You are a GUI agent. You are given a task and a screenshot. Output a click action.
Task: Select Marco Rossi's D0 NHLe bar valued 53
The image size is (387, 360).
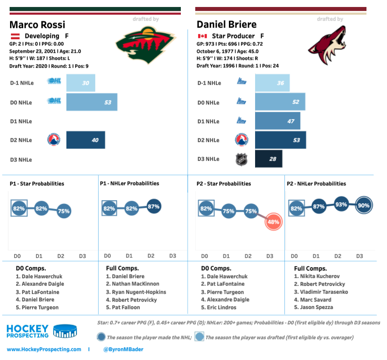click(x=92, y=102)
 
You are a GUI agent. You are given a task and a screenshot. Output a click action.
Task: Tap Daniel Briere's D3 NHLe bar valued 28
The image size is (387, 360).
click(x=269, y=159)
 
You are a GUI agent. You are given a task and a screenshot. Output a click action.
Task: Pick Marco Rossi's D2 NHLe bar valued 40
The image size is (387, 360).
click(x=86, y=140)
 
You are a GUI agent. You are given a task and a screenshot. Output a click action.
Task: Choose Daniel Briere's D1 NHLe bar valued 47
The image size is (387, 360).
click(x=278, y=121)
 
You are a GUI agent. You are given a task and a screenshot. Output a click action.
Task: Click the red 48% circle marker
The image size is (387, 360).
click(x=273, y=222)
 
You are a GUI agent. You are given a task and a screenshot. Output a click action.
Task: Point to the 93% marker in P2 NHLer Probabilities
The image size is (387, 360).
click(x=341, y=205)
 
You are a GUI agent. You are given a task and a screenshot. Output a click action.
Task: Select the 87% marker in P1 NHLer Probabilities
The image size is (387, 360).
click(x=153, y=206)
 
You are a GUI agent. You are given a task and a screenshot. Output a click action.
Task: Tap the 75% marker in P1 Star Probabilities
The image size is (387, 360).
click(x=64, y=211)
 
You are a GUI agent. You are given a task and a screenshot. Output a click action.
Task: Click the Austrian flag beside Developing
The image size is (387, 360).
click(x=14, y=36)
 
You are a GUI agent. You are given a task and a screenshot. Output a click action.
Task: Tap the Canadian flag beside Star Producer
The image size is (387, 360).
click(x=202, y=36)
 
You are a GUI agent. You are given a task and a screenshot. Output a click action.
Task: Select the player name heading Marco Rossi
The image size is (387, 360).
click(x=37, y=24)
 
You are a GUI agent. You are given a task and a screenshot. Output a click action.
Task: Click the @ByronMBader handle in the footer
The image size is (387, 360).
click(x=123, y=349)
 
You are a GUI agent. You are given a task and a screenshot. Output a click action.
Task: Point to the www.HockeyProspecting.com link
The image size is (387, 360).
click(x=44, y=349)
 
